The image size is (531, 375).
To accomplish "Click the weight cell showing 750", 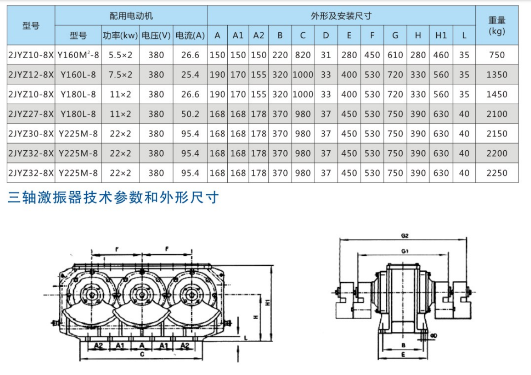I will pyautogui.click(x=496, y=55).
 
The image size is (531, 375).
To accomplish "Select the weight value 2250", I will pyautogui.click(x=496, y=173).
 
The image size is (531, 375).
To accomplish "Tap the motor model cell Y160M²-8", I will pyautogui.click(x=78, y=55).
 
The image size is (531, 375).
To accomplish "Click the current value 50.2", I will pyautogui.click(x=190, y=114).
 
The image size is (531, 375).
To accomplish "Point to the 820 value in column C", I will pyautogui.click(x=302, y=55).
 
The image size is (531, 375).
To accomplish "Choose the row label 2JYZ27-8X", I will pyautogui.click(x=31, y=114).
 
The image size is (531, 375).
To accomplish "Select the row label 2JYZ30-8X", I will pyautogui.click(x=31, y=134).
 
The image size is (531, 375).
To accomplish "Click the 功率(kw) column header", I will pyautogui.click(x=120, y=35).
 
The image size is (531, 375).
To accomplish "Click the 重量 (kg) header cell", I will pyautogui.click(x=496, y=25).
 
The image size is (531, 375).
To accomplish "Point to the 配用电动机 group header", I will pyautogui.click(x=131, y=16).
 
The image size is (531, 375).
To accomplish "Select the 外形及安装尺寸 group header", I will pyautogui.click(x=341, y=16).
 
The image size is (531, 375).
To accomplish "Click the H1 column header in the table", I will pyautogui.click(x=441, y=35).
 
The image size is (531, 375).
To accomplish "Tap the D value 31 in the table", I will pyautogui.click(x=326, y=55).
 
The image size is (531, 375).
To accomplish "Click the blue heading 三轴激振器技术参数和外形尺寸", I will pyautogui.click(x=113, y=198).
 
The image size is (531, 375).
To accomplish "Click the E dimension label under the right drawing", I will pyautogui.click(x=403, y=354).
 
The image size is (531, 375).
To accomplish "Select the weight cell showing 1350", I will pyautogui.click(x=496, y=75).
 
